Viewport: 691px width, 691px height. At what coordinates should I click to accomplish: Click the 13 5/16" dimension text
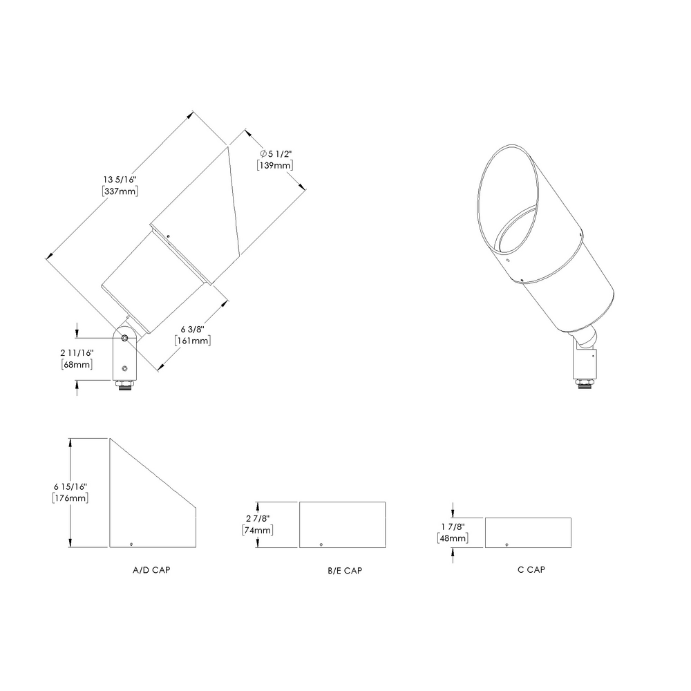pos(120,180)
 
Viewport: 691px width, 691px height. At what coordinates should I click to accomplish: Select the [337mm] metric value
pos(120,191)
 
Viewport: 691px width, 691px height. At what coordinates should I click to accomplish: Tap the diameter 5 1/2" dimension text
pos(276,154)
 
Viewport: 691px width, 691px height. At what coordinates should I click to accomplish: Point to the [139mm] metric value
pos(275,165)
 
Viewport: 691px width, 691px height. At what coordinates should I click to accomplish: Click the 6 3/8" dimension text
pos(193,329)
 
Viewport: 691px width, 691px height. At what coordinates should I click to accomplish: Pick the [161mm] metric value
pos(193,341)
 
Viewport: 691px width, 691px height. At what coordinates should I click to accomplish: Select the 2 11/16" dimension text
pos(77,353)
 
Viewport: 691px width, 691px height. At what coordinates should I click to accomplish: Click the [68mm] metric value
pos(77,364)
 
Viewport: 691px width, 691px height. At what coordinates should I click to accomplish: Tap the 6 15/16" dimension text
pos(70,486)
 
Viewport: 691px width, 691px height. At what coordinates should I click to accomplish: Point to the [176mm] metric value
pos(70,498)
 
